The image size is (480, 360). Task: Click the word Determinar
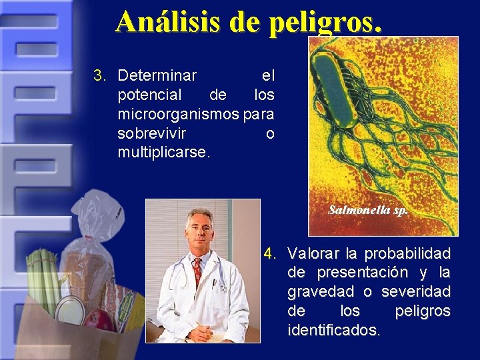tap(157, 75)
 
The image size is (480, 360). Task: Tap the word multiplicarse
tap(163, 152)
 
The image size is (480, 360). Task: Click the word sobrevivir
tap(151, 133)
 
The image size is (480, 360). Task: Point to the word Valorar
tap(312, 253)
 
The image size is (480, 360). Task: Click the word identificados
tap(333, 330)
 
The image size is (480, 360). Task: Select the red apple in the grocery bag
tap(99, 319)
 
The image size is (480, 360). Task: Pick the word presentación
tap(357, 273)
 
